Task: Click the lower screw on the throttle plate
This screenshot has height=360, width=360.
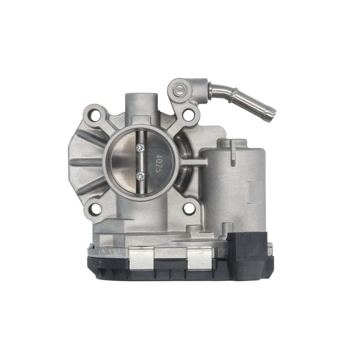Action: click(140, 176)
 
